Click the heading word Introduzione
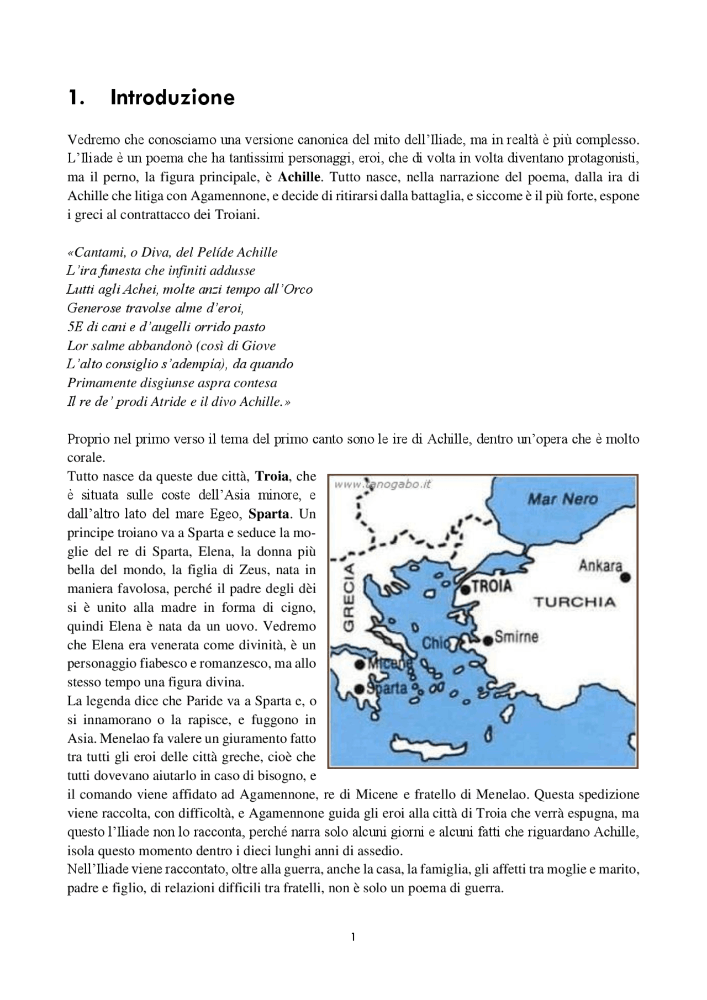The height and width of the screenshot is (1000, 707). pyautogui.click(x=172, y=98)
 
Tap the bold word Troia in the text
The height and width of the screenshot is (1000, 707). pyautogui.click(x=272, y=477)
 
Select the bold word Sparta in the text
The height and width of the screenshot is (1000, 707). pyautogui.click(x=269, y=514)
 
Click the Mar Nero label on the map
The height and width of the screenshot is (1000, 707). pyautogui.click(x=562, y=500)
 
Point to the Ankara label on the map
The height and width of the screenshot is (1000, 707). pyautogui.click(x=600, y=566)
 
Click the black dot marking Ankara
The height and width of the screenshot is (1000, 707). pyautogui.click(x=625, y=578)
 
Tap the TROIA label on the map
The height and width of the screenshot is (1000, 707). pyautogui.click(x=492, y=586)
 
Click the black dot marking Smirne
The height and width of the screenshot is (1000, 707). pyautogui.click(x=488, y=641)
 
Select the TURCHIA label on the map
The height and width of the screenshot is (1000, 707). pyautogui.click(x=574, y=602)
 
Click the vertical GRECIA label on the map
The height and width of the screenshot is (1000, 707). pyautogui.click(x=349, y=597)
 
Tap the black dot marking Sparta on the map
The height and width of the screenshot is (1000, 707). pyautogui.click(x=360, y=689)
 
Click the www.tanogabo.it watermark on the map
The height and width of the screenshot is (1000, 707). pyautogui.click(x=382, y=484)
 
